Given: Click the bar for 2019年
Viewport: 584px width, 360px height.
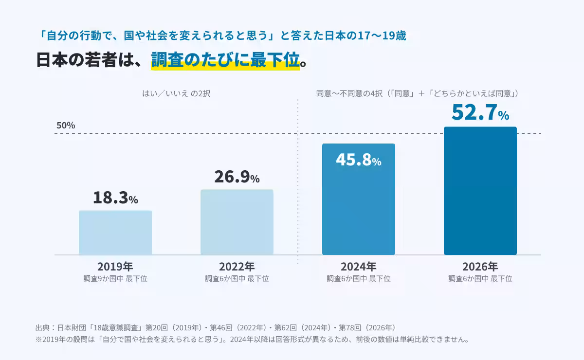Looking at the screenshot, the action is click(115, 233).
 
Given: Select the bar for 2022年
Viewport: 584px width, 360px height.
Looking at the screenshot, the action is click(237, 222).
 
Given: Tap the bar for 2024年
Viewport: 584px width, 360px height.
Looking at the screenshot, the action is click(359, 199).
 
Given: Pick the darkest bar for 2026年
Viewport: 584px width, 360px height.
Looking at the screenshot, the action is click(480, 191).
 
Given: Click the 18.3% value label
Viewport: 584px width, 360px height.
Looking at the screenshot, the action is click(115, 198).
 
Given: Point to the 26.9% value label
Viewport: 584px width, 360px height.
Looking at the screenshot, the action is click(237, 177).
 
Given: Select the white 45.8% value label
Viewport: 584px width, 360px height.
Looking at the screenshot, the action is click(359, 160).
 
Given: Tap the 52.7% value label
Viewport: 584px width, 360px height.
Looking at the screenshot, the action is click(480, 112).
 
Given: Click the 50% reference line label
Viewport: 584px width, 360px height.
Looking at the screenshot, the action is click(66, 126).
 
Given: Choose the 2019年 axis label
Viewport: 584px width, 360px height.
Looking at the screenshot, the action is click(115, 267).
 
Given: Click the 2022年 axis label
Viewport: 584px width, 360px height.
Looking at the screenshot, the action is click(237, 267).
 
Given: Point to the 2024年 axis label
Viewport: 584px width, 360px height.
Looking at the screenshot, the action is click(359, 267).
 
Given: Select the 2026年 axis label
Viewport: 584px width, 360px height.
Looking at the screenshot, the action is click(480, 267).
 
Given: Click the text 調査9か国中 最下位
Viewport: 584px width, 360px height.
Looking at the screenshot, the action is click(115, 279).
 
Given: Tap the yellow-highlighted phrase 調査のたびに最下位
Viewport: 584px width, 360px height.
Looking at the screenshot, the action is click(225, 60).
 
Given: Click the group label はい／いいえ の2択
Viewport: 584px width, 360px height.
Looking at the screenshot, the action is click(176, 93).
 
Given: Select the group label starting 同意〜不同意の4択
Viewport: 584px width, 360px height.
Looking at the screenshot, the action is click(418, 93).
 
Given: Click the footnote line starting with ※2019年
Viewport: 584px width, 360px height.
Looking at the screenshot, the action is click(253, 339).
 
